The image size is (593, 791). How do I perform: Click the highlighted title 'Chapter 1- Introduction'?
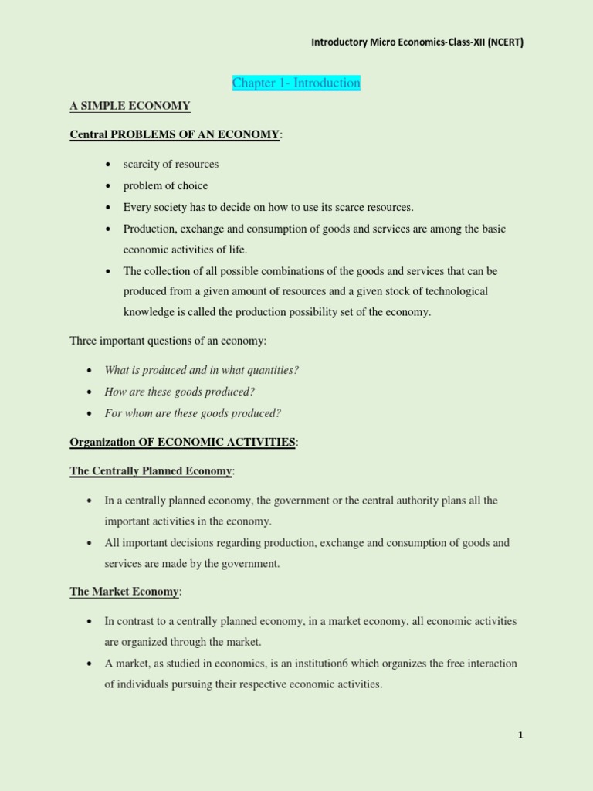tap(296, 83)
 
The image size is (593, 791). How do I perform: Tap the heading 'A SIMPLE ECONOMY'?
tap(130, 106)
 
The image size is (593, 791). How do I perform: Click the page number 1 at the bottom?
tap(520, 735)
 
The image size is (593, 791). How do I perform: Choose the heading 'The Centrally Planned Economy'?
tap(151, 470)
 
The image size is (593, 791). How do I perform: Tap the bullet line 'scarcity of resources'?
tap(171, 164)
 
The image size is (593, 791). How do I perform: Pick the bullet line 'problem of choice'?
tap(165, 185)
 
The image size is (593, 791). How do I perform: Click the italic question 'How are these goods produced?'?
tap(179, 392)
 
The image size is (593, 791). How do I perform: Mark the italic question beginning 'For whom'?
tap(192, 413)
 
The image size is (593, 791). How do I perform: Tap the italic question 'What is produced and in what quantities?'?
tap(202, 370)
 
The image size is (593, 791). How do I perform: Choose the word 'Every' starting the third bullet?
tap(137, 207)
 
